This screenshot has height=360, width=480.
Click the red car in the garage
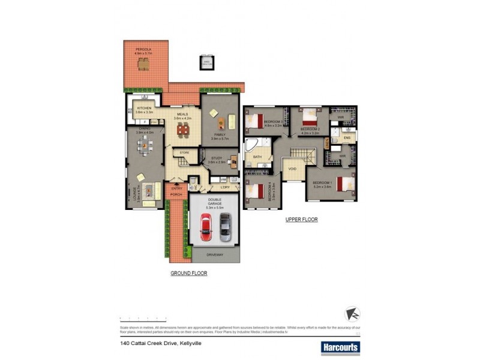coord(205,227)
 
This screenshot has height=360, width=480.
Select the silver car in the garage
coord(225,227)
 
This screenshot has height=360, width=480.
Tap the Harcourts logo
coord(340,347)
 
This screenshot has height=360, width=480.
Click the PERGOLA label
coord(142,49)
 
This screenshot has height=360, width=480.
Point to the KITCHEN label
coord(143,109)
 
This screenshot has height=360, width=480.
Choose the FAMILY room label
coord(220,134)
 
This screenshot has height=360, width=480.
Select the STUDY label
coord(217,158)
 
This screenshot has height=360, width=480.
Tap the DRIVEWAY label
coord(215,255)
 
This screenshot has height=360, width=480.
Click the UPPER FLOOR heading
coord(301,220)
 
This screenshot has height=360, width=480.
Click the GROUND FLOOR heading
coord(188,272)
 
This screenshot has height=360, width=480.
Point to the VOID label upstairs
coord(292,169)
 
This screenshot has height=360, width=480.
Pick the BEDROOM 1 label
coord(322,182)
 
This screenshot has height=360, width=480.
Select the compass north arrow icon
coord(352,314)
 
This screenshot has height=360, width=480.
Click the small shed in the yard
coord(206,62)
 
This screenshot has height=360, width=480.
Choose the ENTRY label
coord(177,188)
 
